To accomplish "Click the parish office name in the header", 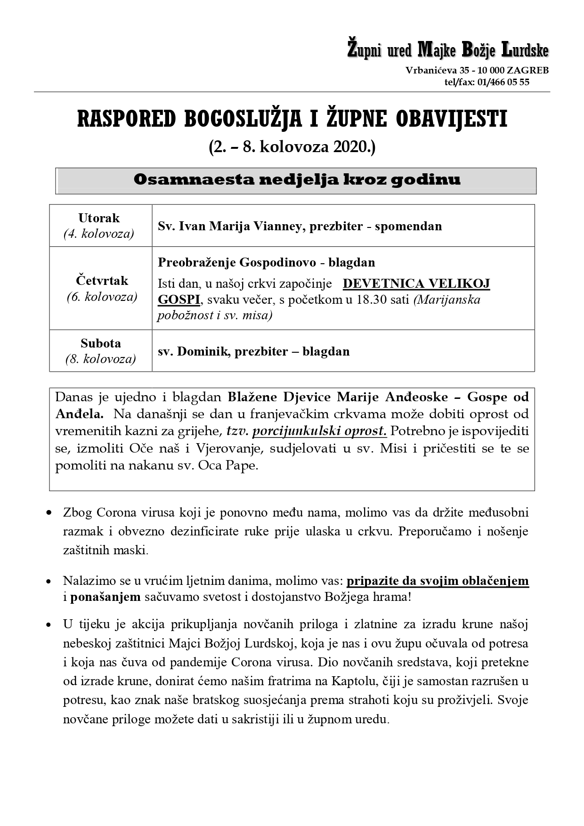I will coord(447,50).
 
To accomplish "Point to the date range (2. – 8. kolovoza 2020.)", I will coord(292,147).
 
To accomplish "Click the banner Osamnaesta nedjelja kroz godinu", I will coord(296,180).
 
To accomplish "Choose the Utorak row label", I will coord(99,218).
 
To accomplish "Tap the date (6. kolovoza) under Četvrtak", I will coord(102,297).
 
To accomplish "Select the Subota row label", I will coord(100,343).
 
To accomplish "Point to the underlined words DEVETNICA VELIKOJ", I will coord(416,283).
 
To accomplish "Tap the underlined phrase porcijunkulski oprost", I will coord(319,431).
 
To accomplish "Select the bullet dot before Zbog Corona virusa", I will coord(49,513).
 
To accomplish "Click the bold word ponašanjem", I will coord(105,597).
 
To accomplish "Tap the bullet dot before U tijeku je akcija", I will coord(49,625).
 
